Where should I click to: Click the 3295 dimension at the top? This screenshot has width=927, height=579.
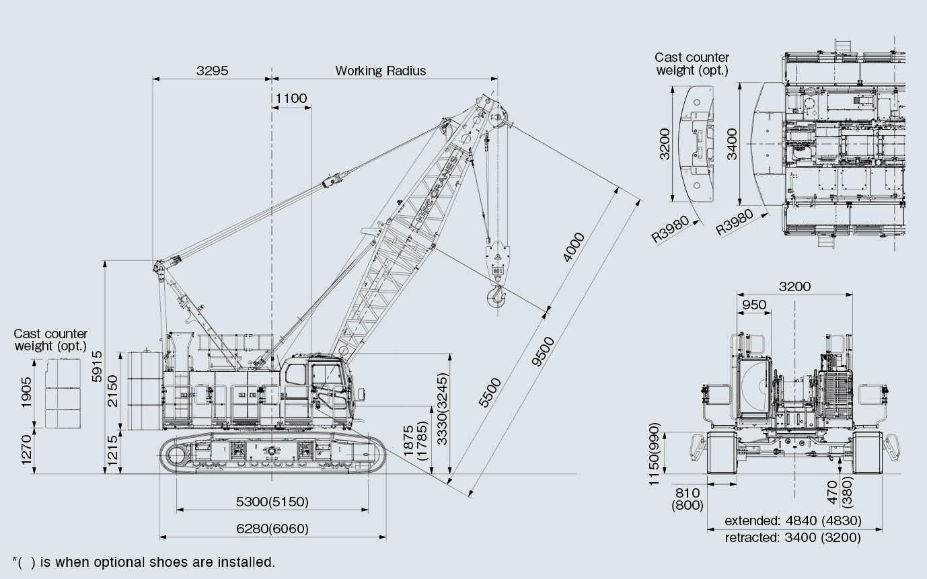[x=213, y=71]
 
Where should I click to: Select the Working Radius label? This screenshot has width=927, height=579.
[x=380, y=71]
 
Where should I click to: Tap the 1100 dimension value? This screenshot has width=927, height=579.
[x=291, y=98]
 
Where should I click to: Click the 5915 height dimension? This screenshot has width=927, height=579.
[x=98, y=366]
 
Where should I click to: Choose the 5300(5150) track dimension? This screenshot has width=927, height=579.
[x=272, y=502]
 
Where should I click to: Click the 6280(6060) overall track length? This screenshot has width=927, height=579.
[x=272, y=529]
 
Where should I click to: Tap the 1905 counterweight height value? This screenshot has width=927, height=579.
[x=26, y=391]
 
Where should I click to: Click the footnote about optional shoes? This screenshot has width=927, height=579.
[x=143, y=562]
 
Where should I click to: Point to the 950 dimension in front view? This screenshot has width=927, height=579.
[x=753, y=305]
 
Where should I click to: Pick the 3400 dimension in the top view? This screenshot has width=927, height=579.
[x=733, y=143]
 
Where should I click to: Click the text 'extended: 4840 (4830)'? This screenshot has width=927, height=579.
[x=792, y=520]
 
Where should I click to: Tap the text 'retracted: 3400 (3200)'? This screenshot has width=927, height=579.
[x=792, y=537]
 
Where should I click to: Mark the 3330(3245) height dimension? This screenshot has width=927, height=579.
[x=442, y=409]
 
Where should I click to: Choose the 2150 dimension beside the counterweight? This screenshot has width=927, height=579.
[x=112, y=390]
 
